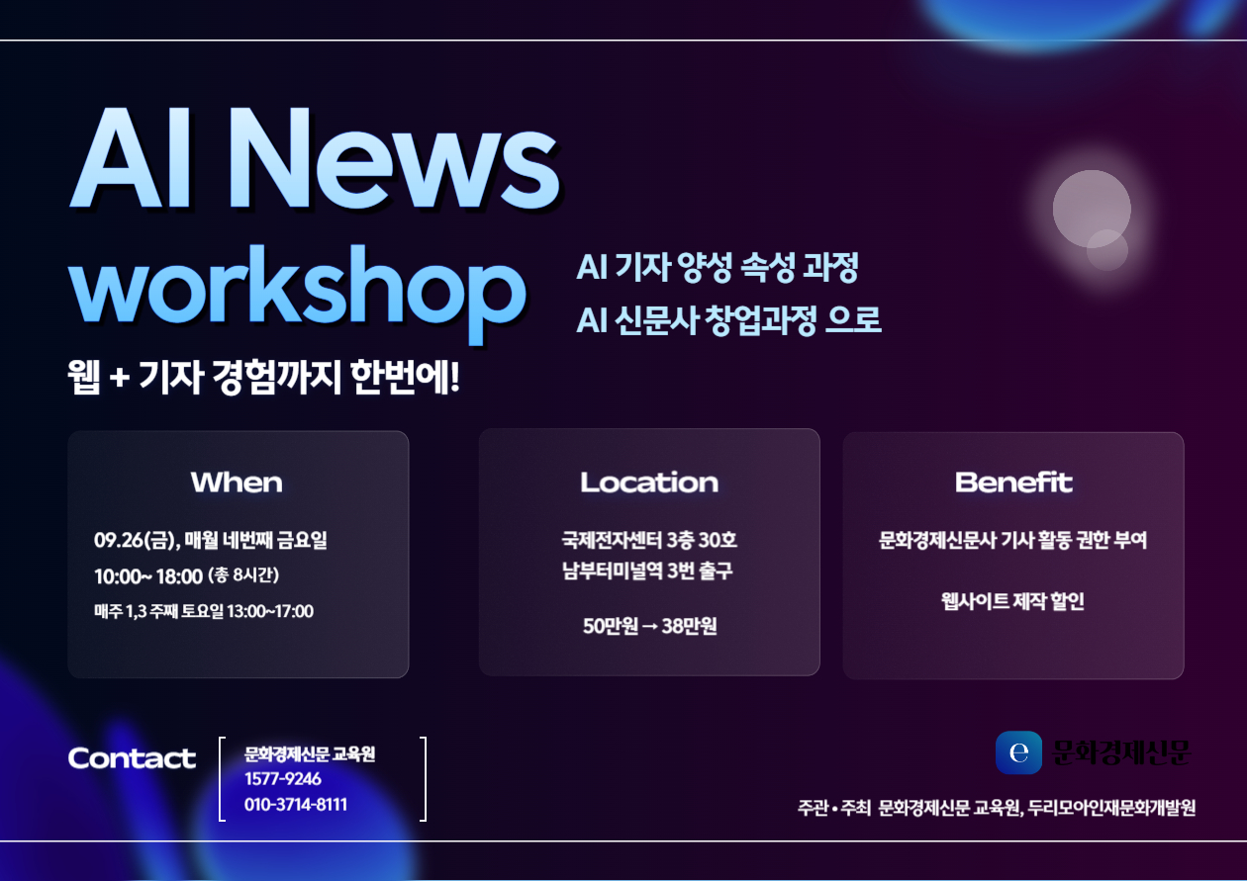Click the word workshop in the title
(x=297, y=292)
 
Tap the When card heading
(x=237, y=483)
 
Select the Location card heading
(x=649, y=483)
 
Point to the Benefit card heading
(x=1013, y=483)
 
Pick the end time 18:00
(x=179, y=576)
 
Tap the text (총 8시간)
(x=243, y=575)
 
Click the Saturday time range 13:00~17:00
(x=270, y=611)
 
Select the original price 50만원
(x=610, y=626)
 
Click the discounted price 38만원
(x=689, y=626)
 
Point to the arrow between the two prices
(x=649, y=627)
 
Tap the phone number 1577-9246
(x=283, y=779)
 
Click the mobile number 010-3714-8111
(x=296, y=804)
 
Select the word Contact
(x=132, y=758)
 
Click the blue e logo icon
(x=1018, y=752)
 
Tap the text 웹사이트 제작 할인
(x=1012, y=601)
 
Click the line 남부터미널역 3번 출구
(x=647, y=571)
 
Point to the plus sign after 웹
(x=120, y=378)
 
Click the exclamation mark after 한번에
(x=455, y=377)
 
